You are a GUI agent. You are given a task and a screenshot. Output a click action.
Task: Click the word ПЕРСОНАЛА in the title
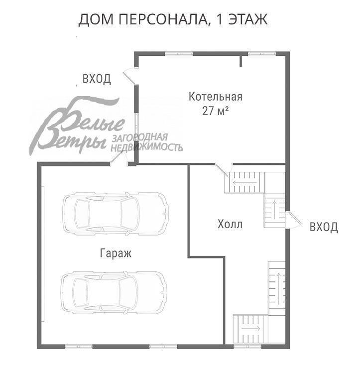tap(159, 20)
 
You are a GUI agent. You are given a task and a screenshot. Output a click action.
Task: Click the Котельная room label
tap(215, 97)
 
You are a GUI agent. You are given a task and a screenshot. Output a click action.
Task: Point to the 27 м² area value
tap(215, 111)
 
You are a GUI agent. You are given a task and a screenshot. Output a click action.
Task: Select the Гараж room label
tap(116, 253)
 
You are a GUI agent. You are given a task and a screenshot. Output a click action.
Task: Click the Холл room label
tap(230, 225)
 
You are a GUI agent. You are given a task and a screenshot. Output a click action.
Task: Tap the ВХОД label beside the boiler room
tap(97, 79)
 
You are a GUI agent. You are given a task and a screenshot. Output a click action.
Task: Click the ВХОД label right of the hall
tap(324, 228)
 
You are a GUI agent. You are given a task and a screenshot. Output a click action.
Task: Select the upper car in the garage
tap(115, 214)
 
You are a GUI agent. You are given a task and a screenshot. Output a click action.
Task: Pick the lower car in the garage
tap(114, 292)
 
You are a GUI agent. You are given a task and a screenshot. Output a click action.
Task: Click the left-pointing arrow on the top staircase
tap(243, 182)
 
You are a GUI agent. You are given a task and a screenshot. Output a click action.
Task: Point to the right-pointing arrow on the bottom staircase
tap(251, 329)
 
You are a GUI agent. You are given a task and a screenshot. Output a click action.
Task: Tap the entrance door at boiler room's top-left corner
tap(130, 75)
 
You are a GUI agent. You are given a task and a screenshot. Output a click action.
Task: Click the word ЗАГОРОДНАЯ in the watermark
tap(140, 137)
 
